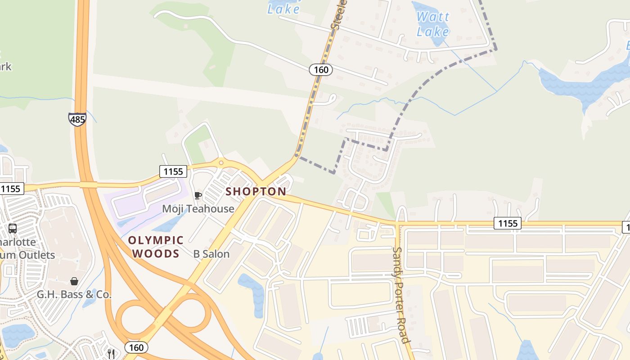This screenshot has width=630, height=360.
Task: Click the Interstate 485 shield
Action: coord(77,119)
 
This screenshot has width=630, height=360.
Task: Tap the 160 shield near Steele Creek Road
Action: coord(320,70)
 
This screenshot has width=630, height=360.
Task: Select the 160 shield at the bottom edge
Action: coord(136,347)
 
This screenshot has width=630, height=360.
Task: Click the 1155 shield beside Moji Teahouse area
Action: coord(173,171)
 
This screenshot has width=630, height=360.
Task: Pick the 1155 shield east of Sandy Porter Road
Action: coord(507,223)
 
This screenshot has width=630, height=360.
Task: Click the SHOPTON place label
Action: coord(256,192)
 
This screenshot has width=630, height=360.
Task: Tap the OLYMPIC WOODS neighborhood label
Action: coord(156,247)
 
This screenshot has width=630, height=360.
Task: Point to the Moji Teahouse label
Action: coord(198,209)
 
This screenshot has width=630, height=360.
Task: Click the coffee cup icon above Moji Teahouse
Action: coord(197,195)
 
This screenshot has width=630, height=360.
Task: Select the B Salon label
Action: coord(211,254)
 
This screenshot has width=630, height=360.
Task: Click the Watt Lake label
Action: coord(432,24)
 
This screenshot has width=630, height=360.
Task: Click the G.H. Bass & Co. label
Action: coord(74,295)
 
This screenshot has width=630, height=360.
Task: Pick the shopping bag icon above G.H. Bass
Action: coord(74,282)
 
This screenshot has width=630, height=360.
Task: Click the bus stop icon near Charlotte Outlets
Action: coord(12,229)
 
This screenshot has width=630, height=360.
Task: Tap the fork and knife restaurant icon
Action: coord(111,354)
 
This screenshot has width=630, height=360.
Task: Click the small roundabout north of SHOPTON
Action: coord(220,162)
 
